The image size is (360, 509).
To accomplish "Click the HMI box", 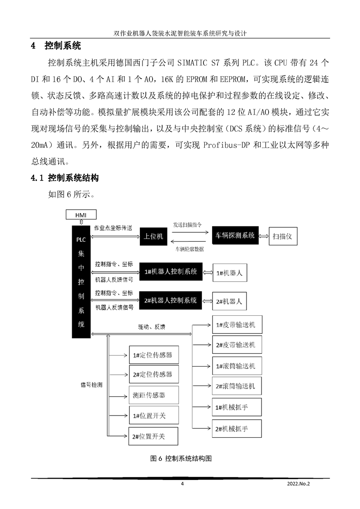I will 80,214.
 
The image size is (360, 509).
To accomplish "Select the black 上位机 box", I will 153,236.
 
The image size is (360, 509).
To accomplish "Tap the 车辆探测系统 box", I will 235,236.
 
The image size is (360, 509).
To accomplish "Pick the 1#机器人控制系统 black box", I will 170,272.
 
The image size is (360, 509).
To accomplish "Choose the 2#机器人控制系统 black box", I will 170,300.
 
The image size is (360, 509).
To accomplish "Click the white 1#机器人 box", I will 230,273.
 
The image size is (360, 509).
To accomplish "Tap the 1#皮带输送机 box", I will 237,325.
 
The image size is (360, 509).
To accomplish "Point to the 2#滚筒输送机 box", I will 237,386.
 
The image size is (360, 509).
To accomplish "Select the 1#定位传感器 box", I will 153,355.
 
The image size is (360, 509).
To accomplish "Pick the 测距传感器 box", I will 153,395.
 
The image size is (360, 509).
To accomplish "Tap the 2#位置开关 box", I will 153,436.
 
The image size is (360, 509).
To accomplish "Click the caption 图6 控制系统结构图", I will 181,458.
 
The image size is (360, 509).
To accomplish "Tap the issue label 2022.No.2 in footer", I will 298,484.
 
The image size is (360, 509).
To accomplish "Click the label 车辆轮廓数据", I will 189,249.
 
